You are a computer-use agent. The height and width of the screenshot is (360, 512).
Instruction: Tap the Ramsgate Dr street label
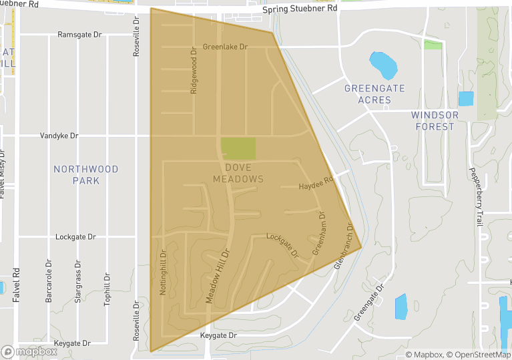click(x=79, y=34)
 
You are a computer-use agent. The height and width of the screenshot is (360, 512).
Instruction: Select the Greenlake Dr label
click(x=225, y=47)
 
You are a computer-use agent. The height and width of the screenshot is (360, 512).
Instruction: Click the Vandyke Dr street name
click(x=59, y=136)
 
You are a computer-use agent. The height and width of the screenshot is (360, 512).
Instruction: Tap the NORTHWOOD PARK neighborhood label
click(x=86, y=175)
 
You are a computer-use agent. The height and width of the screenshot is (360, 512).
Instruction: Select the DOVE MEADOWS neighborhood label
click(x=238, y=173)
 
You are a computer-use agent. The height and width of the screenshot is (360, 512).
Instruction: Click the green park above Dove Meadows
click(x=238, y=148)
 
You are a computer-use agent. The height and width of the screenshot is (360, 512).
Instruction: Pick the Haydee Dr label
click(x=316, y=184)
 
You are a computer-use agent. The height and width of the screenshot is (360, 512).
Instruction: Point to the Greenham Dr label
click(x=318, y=233)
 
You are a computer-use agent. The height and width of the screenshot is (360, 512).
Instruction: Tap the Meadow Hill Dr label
click(x=218, y=277)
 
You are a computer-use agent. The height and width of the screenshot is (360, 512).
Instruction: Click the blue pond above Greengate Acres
click(x=383, y=65)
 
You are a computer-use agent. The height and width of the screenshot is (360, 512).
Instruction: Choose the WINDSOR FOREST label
click(x=435, y=121)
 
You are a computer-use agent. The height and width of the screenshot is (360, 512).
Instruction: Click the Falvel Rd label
click(x=17, y=287)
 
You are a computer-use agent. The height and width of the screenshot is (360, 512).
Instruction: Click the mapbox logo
click(x=29, y=351)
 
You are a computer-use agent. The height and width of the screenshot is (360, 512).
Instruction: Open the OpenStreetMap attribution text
click(x=479, y=354)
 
